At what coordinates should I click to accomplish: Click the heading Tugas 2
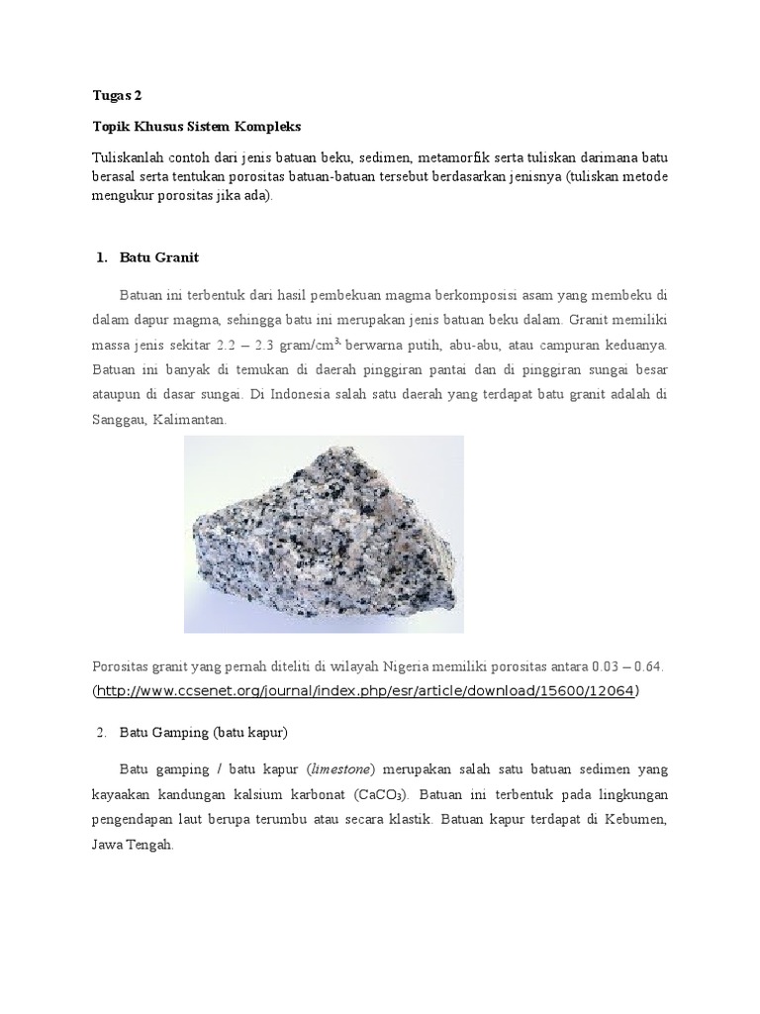[x=117, y=96]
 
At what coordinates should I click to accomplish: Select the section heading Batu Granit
[x=158, y=257]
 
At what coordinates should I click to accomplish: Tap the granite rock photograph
[x=324, y=534]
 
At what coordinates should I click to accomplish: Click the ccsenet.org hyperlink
[x=366, y=690]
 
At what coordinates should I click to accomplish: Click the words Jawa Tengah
[x=132, y=846]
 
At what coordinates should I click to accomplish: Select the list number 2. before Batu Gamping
[x=101, y=732]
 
